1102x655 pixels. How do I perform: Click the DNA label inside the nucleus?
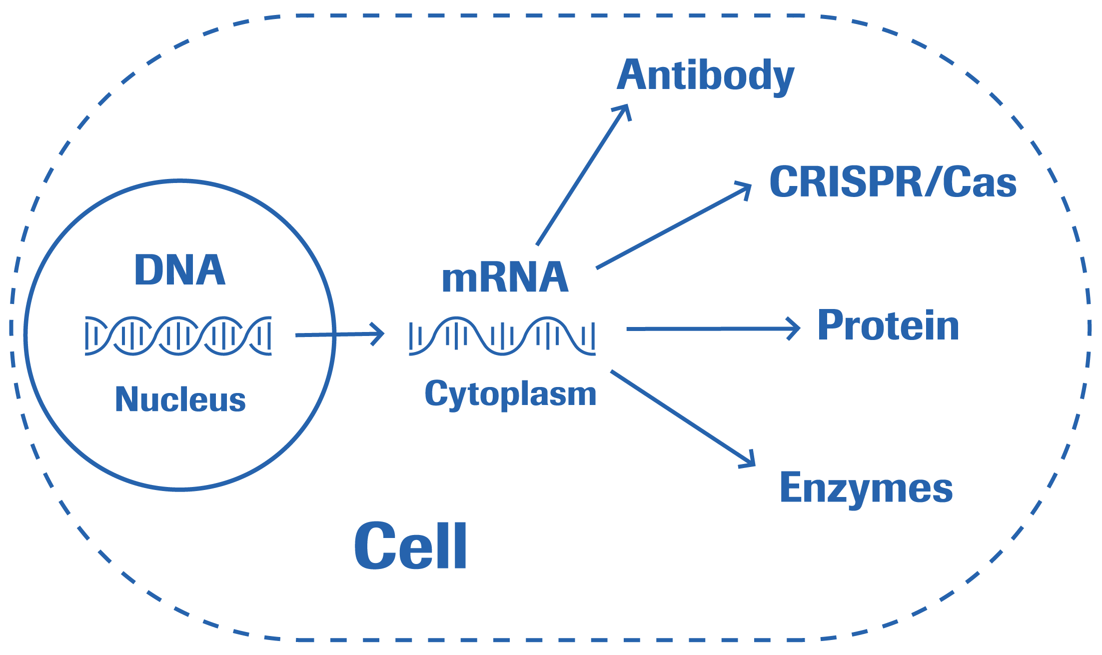180,270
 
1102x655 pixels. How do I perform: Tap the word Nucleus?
180,400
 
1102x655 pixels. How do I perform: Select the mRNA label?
505,278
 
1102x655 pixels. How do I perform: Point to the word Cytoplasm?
510,394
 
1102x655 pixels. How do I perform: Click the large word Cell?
411,546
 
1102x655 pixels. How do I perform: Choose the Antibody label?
705,76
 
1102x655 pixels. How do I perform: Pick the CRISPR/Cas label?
893,182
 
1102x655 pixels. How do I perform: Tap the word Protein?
888,325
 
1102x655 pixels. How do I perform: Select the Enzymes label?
866,488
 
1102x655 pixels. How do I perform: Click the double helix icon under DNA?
178,336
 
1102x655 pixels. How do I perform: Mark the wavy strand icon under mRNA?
502,336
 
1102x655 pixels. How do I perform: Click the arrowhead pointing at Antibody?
625,110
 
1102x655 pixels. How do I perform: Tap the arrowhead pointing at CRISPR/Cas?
746,188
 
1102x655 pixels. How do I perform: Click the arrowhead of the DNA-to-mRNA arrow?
379,333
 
